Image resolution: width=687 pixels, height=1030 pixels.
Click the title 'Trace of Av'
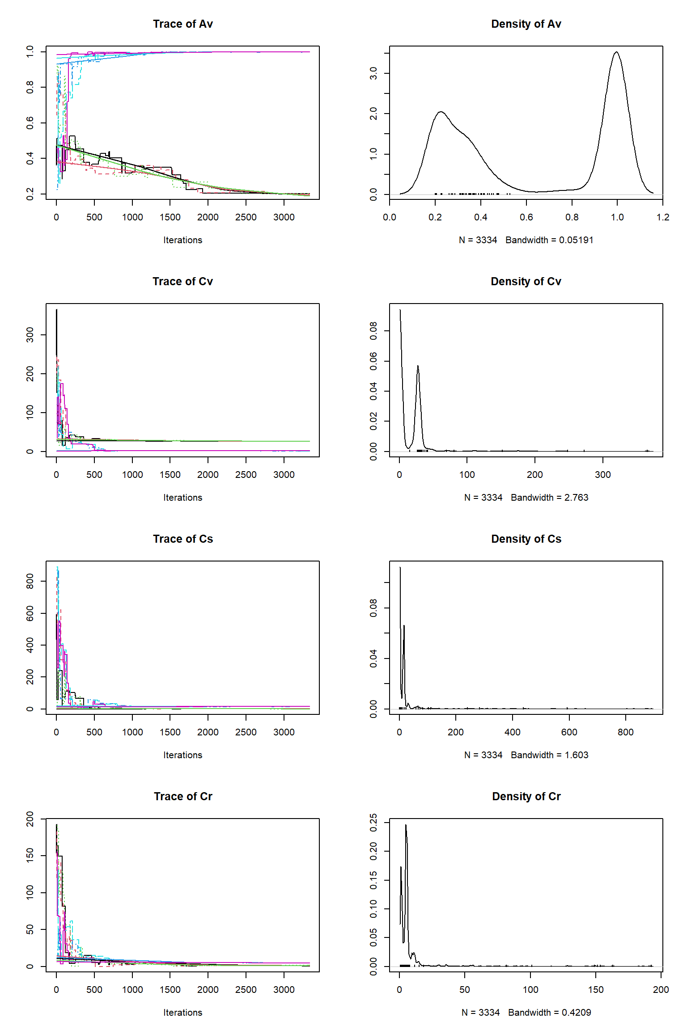(182, 24)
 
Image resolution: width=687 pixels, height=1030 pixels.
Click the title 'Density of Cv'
(526, 282)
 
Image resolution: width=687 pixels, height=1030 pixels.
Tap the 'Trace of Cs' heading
(182, 539)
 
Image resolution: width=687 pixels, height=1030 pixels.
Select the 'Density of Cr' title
(526, 797)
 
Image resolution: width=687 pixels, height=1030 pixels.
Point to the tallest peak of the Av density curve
(616, 52)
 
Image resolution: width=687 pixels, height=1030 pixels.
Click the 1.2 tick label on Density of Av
(662, 217)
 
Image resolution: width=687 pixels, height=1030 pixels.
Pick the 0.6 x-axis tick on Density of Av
(526, 217)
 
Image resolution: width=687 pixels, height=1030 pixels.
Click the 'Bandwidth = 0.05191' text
(549, 240)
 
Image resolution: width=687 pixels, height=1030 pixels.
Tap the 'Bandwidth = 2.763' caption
(549, 498)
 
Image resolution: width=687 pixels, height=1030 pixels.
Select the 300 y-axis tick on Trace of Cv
(30, 335)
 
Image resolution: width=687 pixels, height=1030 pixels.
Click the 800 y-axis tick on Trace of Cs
(30, 581)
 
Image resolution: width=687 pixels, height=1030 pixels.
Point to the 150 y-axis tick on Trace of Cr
(30, 856)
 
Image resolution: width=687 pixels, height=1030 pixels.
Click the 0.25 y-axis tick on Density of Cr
(373, 823)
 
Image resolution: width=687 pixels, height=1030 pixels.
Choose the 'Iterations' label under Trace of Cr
(182, 1013)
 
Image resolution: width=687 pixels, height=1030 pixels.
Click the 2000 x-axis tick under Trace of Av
(208, 217)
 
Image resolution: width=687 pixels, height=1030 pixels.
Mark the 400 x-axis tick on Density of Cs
(512, 732)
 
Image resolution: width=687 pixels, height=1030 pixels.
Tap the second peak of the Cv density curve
(418, 366)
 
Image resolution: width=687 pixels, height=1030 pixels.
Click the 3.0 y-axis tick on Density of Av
(373, 73)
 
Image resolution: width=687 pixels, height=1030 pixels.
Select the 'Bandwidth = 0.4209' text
(549, 1013)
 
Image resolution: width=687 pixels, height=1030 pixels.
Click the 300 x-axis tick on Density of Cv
(602, 475)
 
